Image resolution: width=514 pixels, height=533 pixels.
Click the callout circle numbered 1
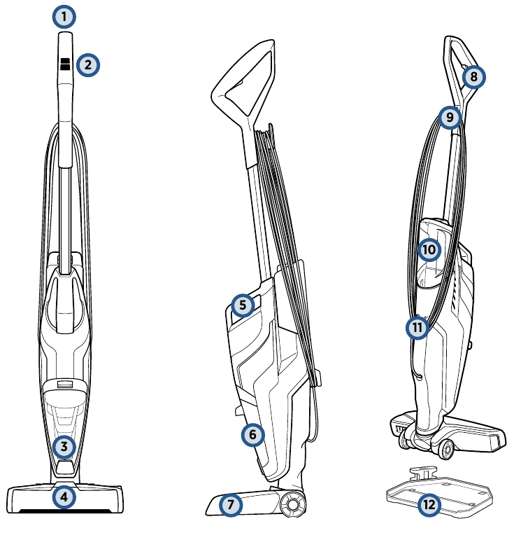64,16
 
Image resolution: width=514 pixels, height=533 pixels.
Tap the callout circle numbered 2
87,65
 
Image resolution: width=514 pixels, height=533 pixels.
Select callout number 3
64,445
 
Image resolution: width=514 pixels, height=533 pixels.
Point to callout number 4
64,497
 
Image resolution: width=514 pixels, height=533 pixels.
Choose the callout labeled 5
242,305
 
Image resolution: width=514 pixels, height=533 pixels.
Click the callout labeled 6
252,435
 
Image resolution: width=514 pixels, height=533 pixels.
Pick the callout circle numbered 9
450,117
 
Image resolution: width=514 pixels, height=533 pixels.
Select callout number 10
429,249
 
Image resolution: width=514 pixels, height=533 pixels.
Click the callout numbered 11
417,327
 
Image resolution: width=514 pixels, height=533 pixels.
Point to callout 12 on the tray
429,504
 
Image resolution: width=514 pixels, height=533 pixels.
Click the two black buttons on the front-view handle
65,64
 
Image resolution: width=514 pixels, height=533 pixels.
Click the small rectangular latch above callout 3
64,384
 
